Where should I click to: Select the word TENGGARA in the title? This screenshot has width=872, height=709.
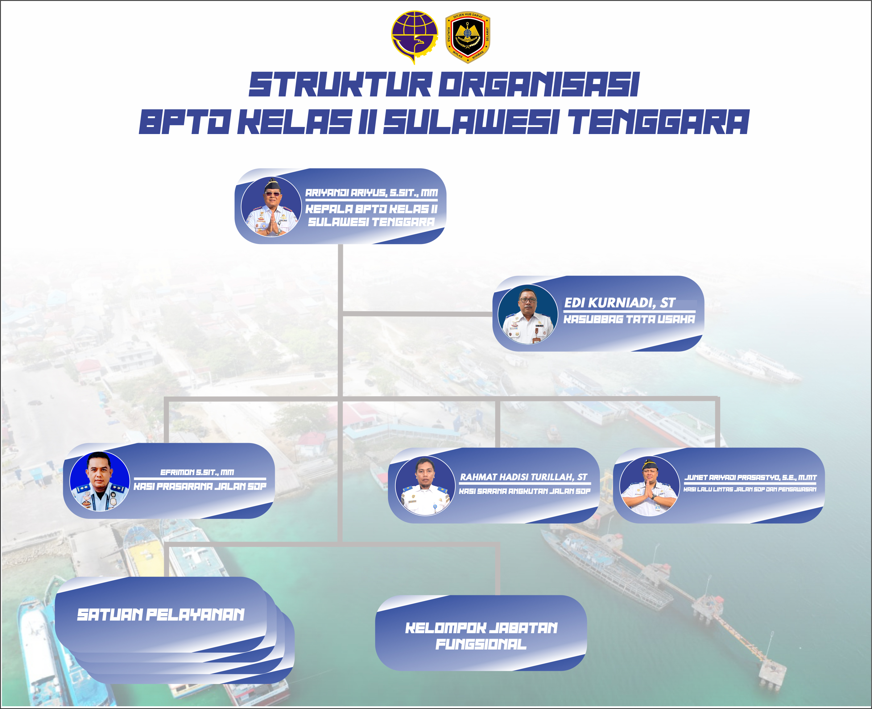(x=659, y=122)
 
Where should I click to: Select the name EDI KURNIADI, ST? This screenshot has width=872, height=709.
(x=619, y=303)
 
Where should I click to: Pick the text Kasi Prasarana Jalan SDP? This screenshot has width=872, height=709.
(x=200, y=486)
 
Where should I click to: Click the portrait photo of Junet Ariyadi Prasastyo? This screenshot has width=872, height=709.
(x=650, y=486)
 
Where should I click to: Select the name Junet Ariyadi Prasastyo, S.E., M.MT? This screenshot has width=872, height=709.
(x=750, y=477)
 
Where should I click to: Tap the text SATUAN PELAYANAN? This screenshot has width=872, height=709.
(x=161, y=614)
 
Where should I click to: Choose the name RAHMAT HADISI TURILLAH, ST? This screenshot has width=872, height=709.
(x=524, y=477)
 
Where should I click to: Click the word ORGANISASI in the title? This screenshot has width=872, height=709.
(x=539, y=84)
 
